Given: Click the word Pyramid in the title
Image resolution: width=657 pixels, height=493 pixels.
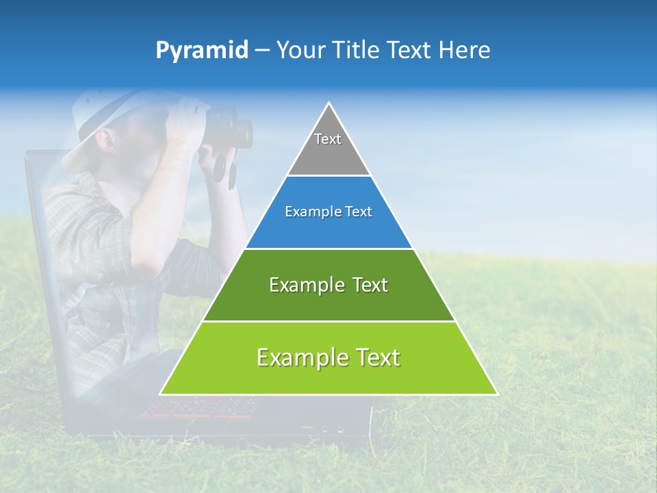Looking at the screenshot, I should click(201, 51).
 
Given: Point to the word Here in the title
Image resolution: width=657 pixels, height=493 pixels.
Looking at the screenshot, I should click(465, 51).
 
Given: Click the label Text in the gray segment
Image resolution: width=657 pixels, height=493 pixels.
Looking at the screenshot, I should click(328, 139).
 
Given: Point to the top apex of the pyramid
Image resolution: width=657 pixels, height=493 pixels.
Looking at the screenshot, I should click(329, 103).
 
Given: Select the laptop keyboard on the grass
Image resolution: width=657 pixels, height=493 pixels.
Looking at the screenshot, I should click(198, 407).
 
